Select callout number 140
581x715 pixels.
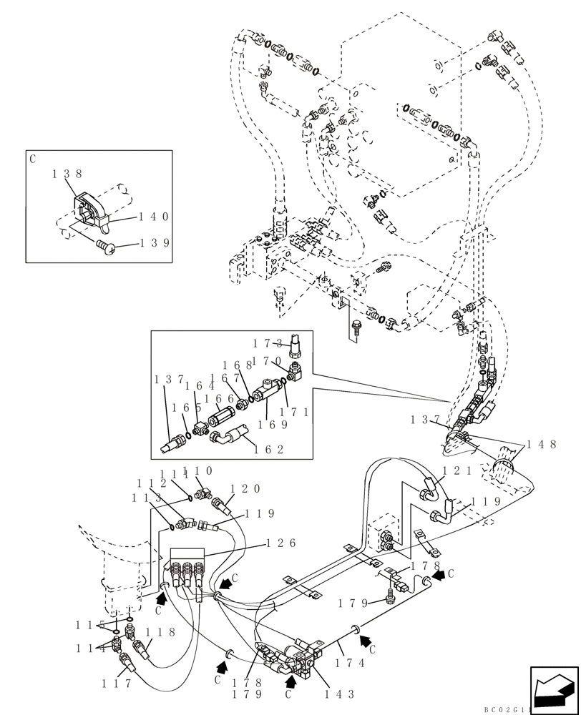tap(153, 217)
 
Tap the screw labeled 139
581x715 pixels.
tap(105, 247)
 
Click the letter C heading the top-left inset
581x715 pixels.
tap(33, 159)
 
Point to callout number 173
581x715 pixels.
tap(268, 344)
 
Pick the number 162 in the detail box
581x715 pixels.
tap(269, 450)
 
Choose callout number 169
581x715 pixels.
tap(272, 424)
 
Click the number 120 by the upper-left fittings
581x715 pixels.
tap(245, 489)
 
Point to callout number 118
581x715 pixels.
tap(160, 632)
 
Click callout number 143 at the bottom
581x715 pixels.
tap(339, 694)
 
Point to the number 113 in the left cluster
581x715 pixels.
tap(146, 498)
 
